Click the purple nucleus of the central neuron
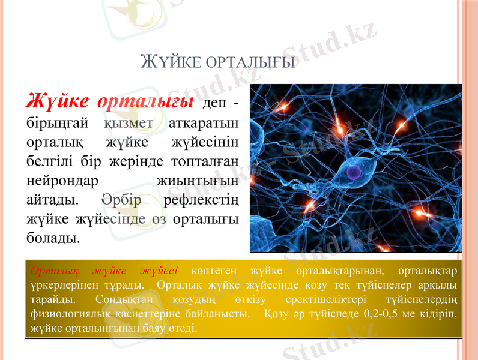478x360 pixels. pos(354,172)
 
